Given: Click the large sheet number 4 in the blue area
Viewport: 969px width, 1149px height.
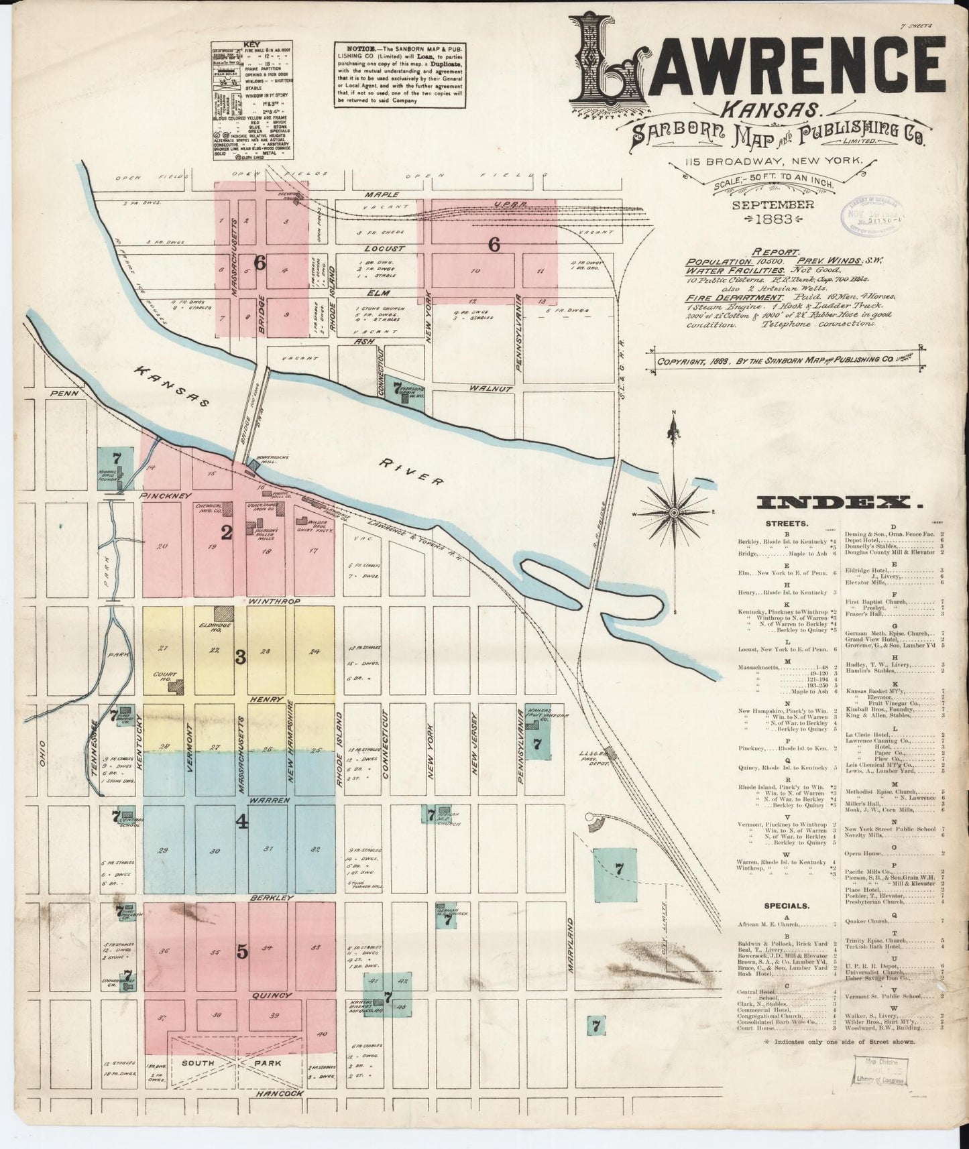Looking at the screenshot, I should [241, 823].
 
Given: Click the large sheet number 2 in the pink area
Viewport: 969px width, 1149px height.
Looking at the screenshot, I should [227, 533].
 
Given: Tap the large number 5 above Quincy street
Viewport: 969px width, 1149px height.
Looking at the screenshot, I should [241, 951].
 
